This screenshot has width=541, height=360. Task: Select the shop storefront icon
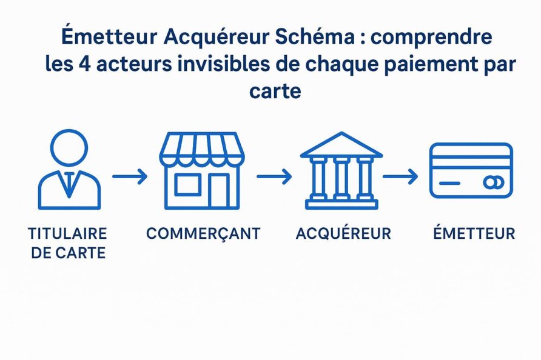point(202,170)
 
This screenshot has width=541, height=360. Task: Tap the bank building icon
point(341,170)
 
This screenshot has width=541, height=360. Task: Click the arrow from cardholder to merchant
point(130,176)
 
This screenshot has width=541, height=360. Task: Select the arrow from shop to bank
point(274,176)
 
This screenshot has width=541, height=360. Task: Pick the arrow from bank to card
point(400,176)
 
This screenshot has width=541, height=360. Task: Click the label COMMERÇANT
point(203,234)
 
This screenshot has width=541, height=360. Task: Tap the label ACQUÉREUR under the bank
point(344,233)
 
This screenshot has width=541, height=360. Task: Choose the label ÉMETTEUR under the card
point(474,233)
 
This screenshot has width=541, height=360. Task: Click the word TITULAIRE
point(68,233)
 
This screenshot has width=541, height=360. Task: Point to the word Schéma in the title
point(315,37)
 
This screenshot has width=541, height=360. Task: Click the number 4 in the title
point(84,64)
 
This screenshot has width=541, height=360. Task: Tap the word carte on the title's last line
point(275,92)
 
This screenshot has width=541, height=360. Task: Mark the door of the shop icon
point(218,191)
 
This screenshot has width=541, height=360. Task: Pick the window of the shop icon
point(187,185)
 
